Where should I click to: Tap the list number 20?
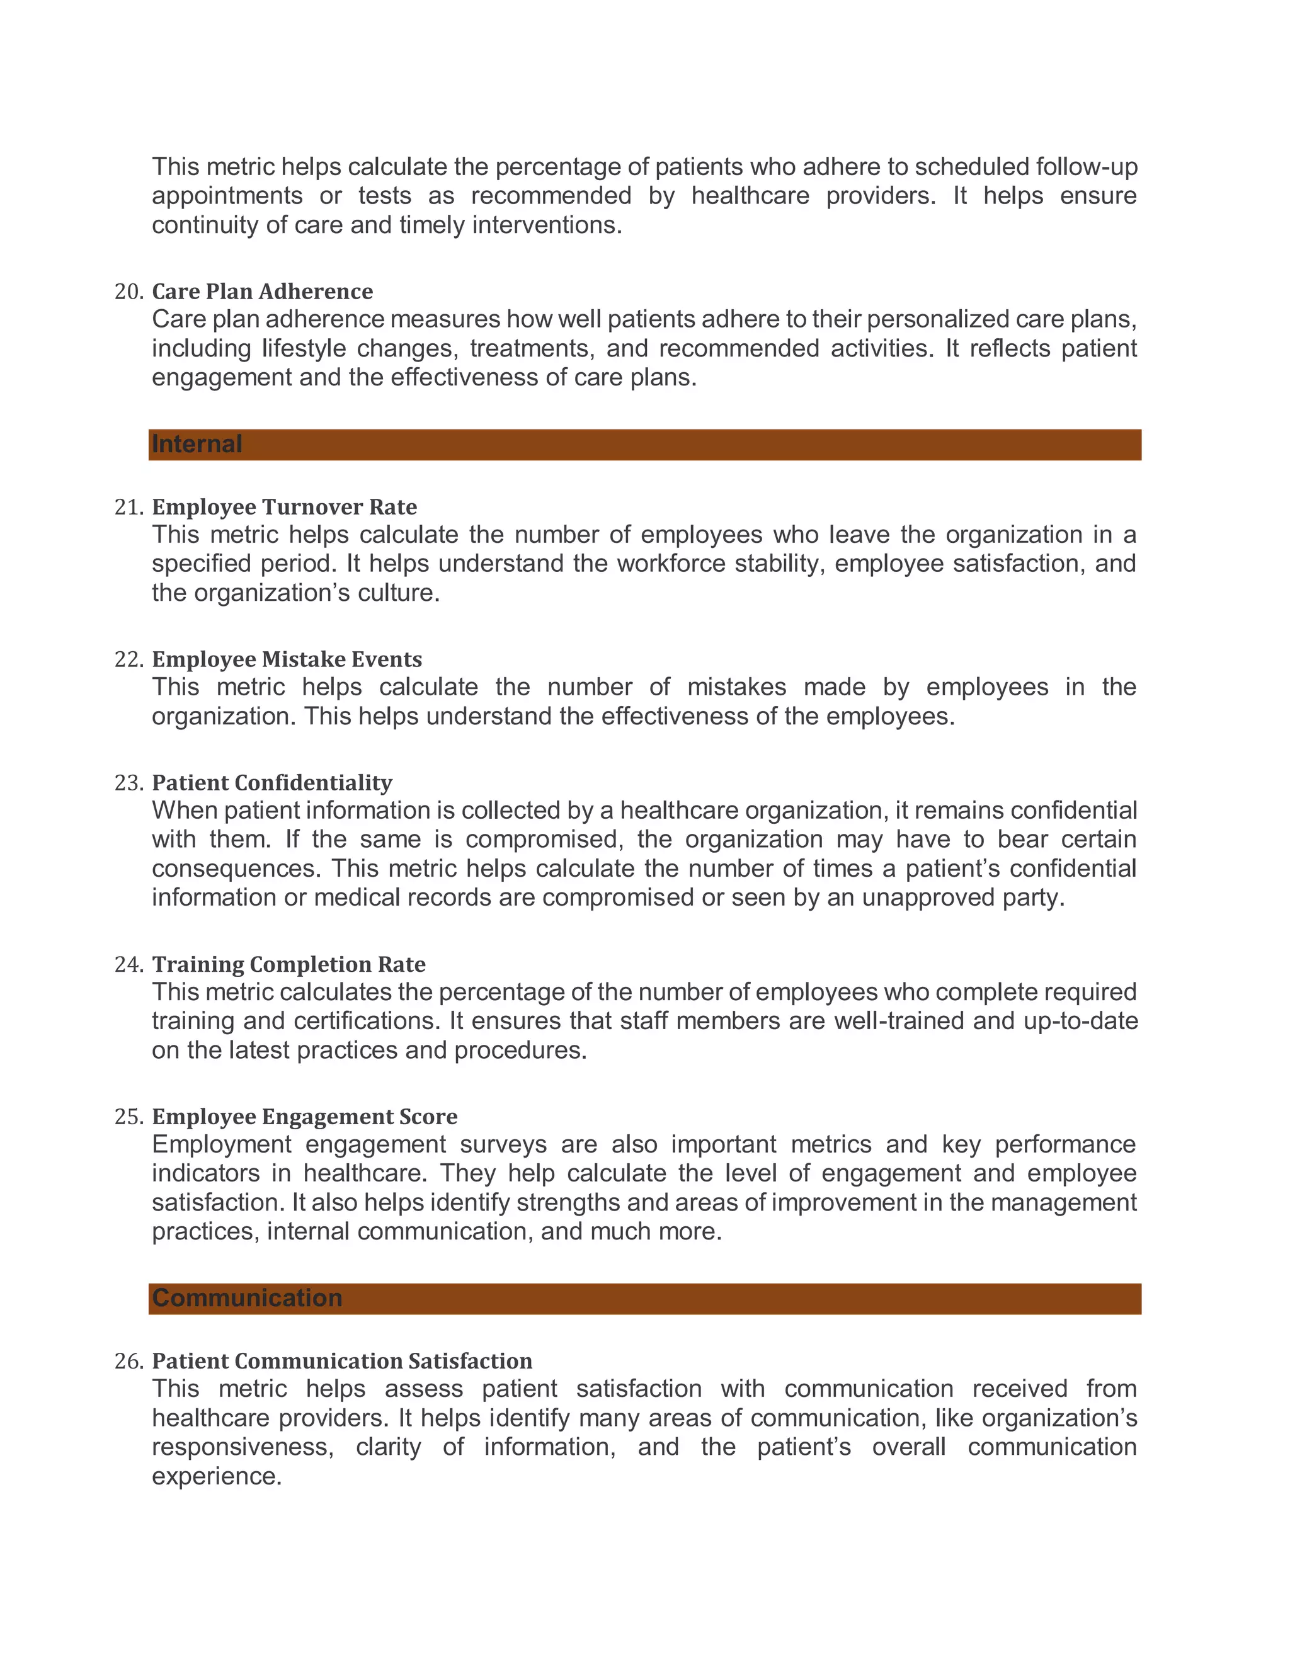128,292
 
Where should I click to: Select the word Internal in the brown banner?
197,444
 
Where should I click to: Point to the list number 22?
128,659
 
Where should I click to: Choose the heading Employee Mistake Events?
287,659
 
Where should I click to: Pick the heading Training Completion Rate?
289,964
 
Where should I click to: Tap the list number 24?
128,965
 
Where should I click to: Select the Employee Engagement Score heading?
304,1117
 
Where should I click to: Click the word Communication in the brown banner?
247,1299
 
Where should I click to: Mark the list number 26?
128,1362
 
